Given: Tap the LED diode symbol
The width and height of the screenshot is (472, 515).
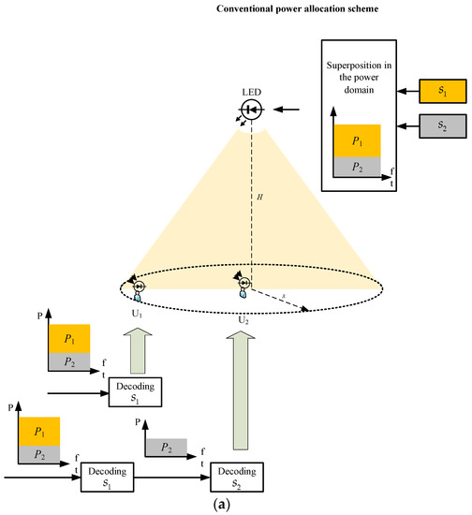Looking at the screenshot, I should click(250, 110).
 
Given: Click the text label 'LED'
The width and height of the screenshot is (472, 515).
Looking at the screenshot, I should click(250, 93).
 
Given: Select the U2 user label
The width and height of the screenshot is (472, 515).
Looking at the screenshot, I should click(243, 318).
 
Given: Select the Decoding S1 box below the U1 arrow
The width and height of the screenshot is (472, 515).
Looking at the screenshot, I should click(137, 392).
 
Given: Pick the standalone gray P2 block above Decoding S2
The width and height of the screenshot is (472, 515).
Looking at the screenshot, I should click(167, 447).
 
